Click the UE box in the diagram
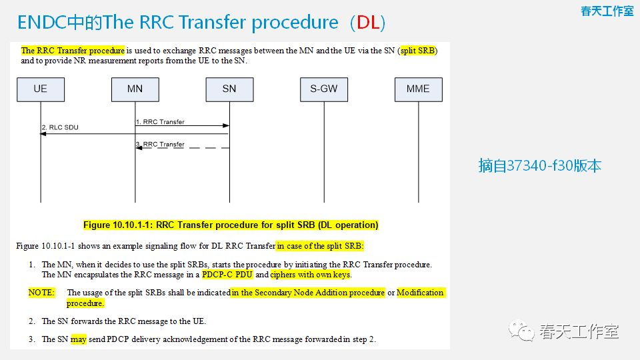[41, 89]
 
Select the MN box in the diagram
[135, 89]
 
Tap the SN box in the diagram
[229, 89]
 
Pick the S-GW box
[323, 89]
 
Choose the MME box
[418, 89]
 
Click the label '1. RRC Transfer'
[160, 122]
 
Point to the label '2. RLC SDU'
[60, 127]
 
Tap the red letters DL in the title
[367, 22]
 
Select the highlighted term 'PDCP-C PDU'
[227, 275]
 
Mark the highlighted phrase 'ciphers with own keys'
[311, 275]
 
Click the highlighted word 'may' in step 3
[79, 339]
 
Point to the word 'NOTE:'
[41, 293]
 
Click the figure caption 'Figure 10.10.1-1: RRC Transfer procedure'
[231, 225]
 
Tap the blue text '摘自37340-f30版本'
[539, 165]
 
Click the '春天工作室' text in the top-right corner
[607, 11]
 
